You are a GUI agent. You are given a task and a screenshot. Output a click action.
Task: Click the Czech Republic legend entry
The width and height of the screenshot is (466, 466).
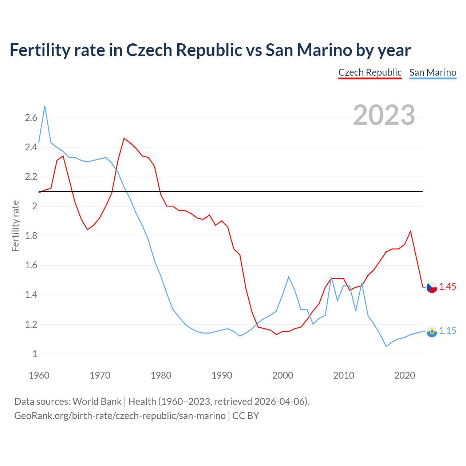(x=370, y=72)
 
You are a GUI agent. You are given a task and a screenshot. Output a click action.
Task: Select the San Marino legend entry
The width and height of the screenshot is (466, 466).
(x=433, y=72)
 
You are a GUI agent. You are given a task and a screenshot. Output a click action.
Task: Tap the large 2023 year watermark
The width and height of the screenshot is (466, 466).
(x=384, y=115)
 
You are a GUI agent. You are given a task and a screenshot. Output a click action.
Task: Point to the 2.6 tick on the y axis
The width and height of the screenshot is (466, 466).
(x=31, y=118)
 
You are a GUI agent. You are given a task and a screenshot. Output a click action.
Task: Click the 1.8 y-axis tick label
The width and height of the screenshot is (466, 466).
(x=31, y=236)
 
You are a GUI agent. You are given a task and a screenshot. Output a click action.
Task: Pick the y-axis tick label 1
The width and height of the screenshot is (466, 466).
(x=35, y=354)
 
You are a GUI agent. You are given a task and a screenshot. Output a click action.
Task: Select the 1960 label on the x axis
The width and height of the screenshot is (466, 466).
(x=39, y=375)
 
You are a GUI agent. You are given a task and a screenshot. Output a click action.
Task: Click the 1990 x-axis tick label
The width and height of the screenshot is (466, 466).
(x=222, y=375)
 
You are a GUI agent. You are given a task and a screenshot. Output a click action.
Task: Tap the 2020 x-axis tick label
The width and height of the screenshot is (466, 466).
(x=404, y=375)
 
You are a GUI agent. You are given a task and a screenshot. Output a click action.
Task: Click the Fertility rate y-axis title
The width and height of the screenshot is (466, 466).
(x=15, y=226)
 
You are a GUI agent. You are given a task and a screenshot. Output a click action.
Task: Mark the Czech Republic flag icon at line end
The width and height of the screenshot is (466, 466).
(x=432, y=287)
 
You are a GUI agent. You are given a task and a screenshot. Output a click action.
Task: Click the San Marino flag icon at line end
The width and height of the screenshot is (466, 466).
(x=432, y=331)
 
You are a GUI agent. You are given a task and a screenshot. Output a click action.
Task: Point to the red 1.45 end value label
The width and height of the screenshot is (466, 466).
(x=447, y=287)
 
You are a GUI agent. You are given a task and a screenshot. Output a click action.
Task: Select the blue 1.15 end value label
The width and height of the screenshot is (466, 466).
(x=447, y=331)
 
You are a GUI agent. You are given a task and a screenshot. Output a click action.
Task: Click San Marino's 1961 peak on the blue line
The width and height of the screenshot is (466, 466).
(x=45, y=106)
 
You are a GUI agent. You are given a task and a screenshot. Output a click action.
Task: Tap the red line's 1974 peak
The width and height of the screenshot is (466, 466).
(x=124, y=138)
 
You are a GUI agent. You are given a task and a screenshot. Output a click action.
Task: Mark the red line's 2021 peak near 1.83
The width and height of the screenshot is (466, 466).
(x=411, y=231)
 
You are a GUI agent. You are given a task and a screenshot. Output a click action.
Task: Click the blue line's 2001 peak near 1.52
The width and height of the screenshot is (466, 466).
(x=289, y=277)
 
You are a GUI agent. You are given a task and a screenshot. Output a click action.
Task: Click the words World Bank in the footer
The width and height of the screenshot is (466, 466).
(x=97, y=402)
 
